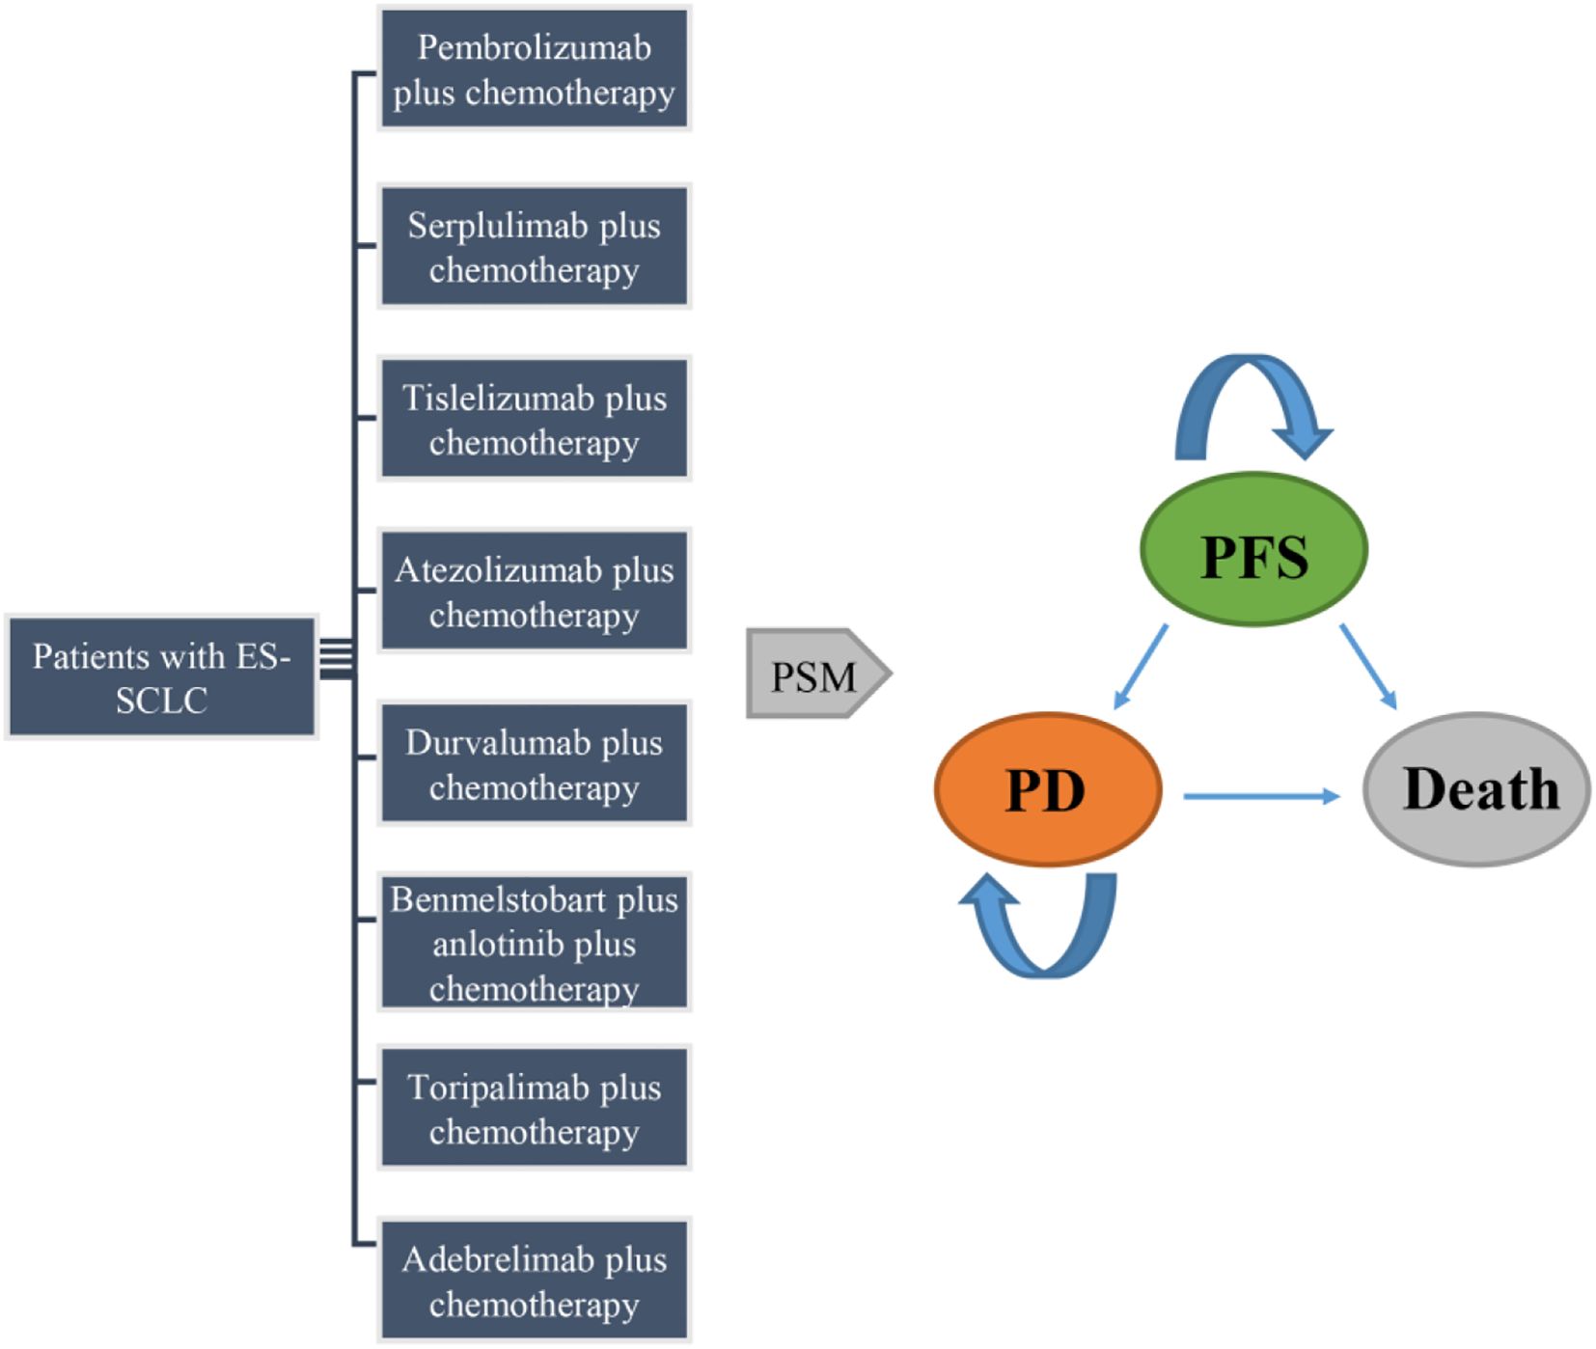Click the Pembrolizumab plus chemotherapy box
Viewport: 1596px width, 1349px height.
click(534, 69)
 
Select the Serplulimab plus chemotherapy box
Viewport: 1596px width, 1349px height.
click(534, 247)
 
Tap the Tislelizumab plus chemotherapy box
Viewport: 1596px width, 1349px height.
click(534, 419)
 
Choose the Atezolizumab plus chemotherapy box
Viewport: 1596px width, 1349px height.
click(534, 592)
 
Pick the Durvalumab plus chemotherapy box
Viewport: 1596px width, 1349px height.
click(534, 764)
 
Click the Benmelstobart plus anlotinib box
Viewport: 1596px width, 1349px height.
click(534, 943)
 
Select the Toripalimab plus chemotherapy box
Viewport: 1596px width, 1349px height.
click(534, 1109)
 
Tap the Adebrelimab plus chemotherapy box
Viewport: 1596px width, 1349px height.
click(534, 1280)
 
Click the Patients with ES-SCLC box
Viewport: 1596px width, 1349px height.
click(161, 677)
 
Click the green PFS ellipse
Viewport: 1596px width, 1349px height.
click(1253, 550)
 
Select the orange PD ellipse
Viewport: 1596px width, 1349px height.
click(1047, 789)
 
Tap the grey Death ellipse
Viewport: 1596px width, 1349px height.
click(1476, 789)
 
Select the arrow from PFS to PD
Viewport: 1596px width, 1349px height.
click(1141, 667)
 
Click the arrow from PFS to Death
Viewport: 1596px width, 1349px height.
click(1368, 667)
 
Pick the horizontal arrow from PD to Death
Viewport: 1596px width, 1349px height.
click(1261, 796)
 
